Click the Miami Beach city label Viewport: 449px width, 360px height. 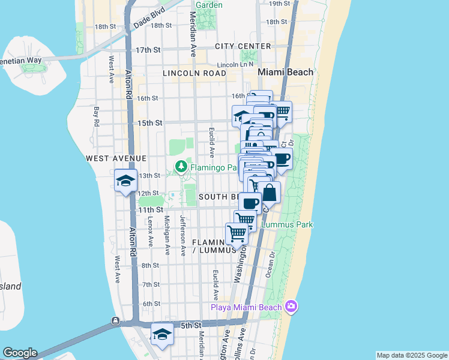(285, 72)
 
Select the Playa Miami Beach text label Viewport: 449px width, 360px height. (246, 308)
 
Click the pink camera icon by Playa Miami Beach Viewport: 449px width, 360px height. (292, 307)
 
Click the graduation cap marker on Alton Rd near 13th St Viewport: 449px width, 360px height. (125, 181)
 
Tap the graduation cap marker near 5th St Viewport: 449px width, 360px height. (161, 334)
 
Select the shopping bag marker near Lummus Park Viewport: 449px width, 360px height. (270, 193)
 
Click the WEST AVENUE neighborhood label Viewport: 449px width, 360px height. (116, 158)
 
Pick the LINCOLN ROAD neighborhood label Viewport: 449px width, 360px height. (194, 73)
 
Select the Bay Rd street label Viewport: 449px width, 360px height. (96, 116)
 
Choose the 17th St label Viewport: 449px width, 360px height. (148, 50)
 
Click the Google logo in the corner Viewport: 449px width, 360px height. (20, 353)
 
